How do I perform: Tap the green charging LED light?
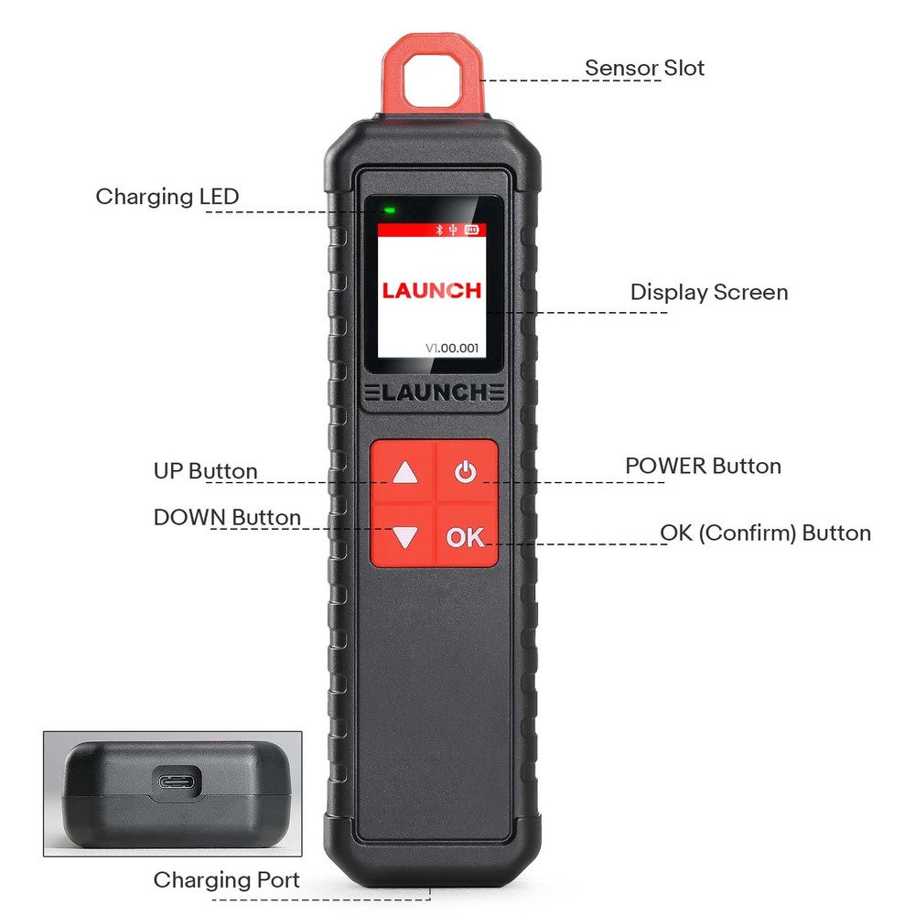389,210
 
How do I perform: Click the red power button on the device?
466,472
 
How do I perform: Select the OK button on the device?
466,537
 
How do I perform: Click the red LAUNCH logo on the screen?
431,291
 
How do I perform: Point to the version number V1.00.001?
452,348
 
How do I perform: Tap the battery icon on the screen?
472,231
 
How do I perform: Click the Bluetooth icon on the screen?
438,231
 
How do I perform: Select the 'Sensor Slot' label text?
644,68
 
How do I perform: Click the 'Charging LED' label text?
167,197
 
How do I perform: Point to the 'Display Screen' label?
708,293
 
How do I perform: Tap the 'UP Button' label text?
205,472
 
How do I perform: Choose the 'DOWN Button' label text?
227,518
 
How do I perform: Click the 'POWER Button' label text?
703,466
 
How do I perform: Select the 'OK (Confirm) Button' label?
765,533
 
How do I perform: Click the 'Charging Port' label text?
226,880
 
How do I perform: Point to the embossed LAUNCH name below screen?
433,393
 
